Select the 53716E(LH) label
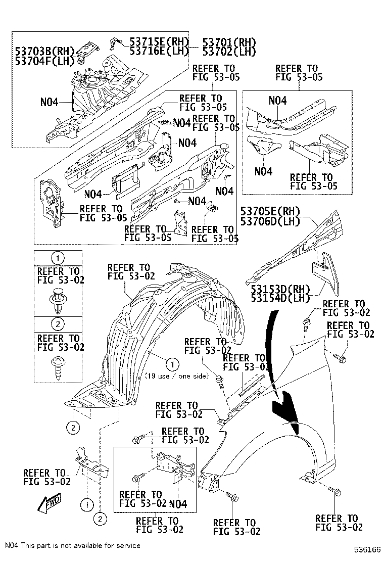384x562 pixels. click(159, 51)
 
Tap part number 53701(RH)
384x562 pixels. click(229, 42)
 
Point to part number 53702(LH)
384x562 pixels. click(229, 51)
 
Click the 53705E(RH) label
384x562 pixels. click(270, 211)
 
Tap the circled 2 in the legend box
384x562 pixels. click(58, 324)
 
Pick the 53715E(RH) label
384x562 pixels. click(159, 42)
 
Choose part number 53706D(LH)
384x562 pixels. click(270, 220)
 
